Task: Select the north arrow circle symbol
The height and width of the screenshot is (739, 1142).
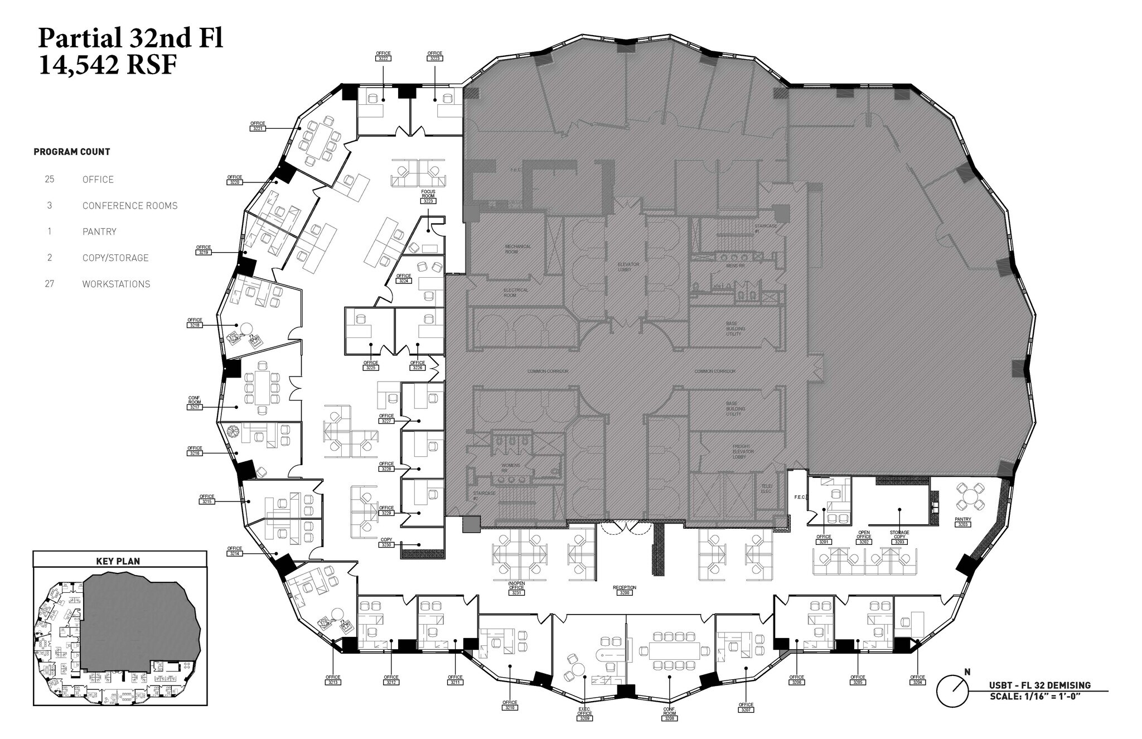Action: click(x=952, y=692)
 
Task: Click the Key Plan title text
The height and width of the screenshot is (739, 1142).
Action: click(x=118, y=561)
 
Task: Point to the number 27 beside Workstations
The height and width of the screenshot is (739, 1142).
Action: click(x=50, y=284)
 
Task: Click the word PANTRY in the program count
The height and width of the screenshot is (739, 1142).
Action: click(x=99, y=231)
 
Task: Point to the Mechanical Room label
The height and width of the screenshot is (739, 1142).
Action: click(x=517, y=249)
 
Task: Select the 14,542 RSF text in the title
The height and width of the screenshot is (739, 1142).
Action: click(x=107, y=66)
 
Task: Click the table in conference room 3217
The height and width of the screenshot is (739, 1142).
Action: click(x=262, y=386)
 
